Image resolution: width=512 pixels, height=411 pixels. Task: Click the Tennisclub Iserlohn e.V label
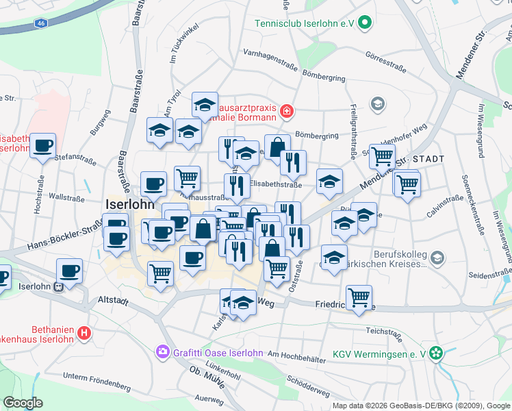click(x=304, y=23)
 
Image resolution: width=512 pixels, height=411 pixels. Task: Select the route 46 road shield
click(x=42, y=23)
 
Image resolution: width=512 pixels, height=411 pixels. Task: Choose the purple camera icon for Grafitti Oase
click(x=163, y=353)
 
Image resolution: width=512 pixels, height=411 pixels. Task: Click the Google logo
click(x=23, y=403)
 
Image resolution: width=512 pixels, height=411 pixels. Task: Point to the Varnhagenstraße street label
click(x=270, y=53)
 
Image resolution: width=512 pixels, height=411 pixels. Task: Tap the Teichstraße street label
click(x=383, y=330)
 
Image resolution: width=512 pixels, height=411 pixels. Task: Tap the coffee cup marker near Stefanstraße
click(x=42, y=146)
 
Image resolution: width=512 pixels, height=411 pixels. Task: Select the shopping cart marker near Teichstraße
click(x=359, y=298)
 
